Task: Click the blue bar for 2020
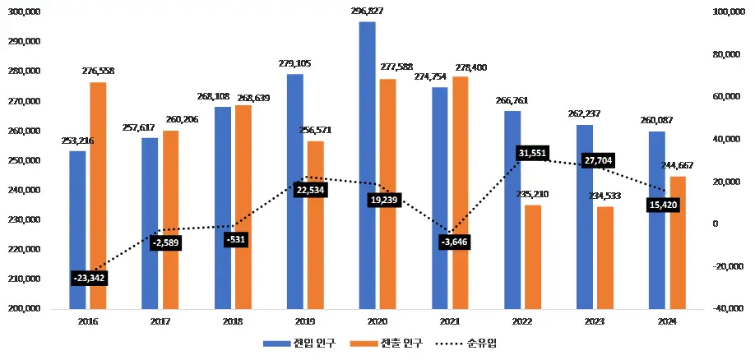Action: pyautogui.click(x=368, y=164)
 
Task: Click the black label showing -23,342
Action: pyautogui.click(x=89, y=278)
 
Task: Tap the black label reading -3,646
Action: pyautogui.click(x=456, y=242)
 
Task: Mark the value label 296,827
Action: pyautogui.click(x=368, y=12)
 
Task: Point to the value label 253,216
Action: pyautogui.click(x=77, y=141)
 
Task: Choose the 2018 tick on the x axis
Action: pyautogui.click(x=231, y=321)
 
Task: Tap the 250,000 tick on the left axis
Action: pyautogui.click(x=28, y=160)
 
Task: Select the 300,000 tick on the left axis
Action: pyautogui.click(x=28, y=12)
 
